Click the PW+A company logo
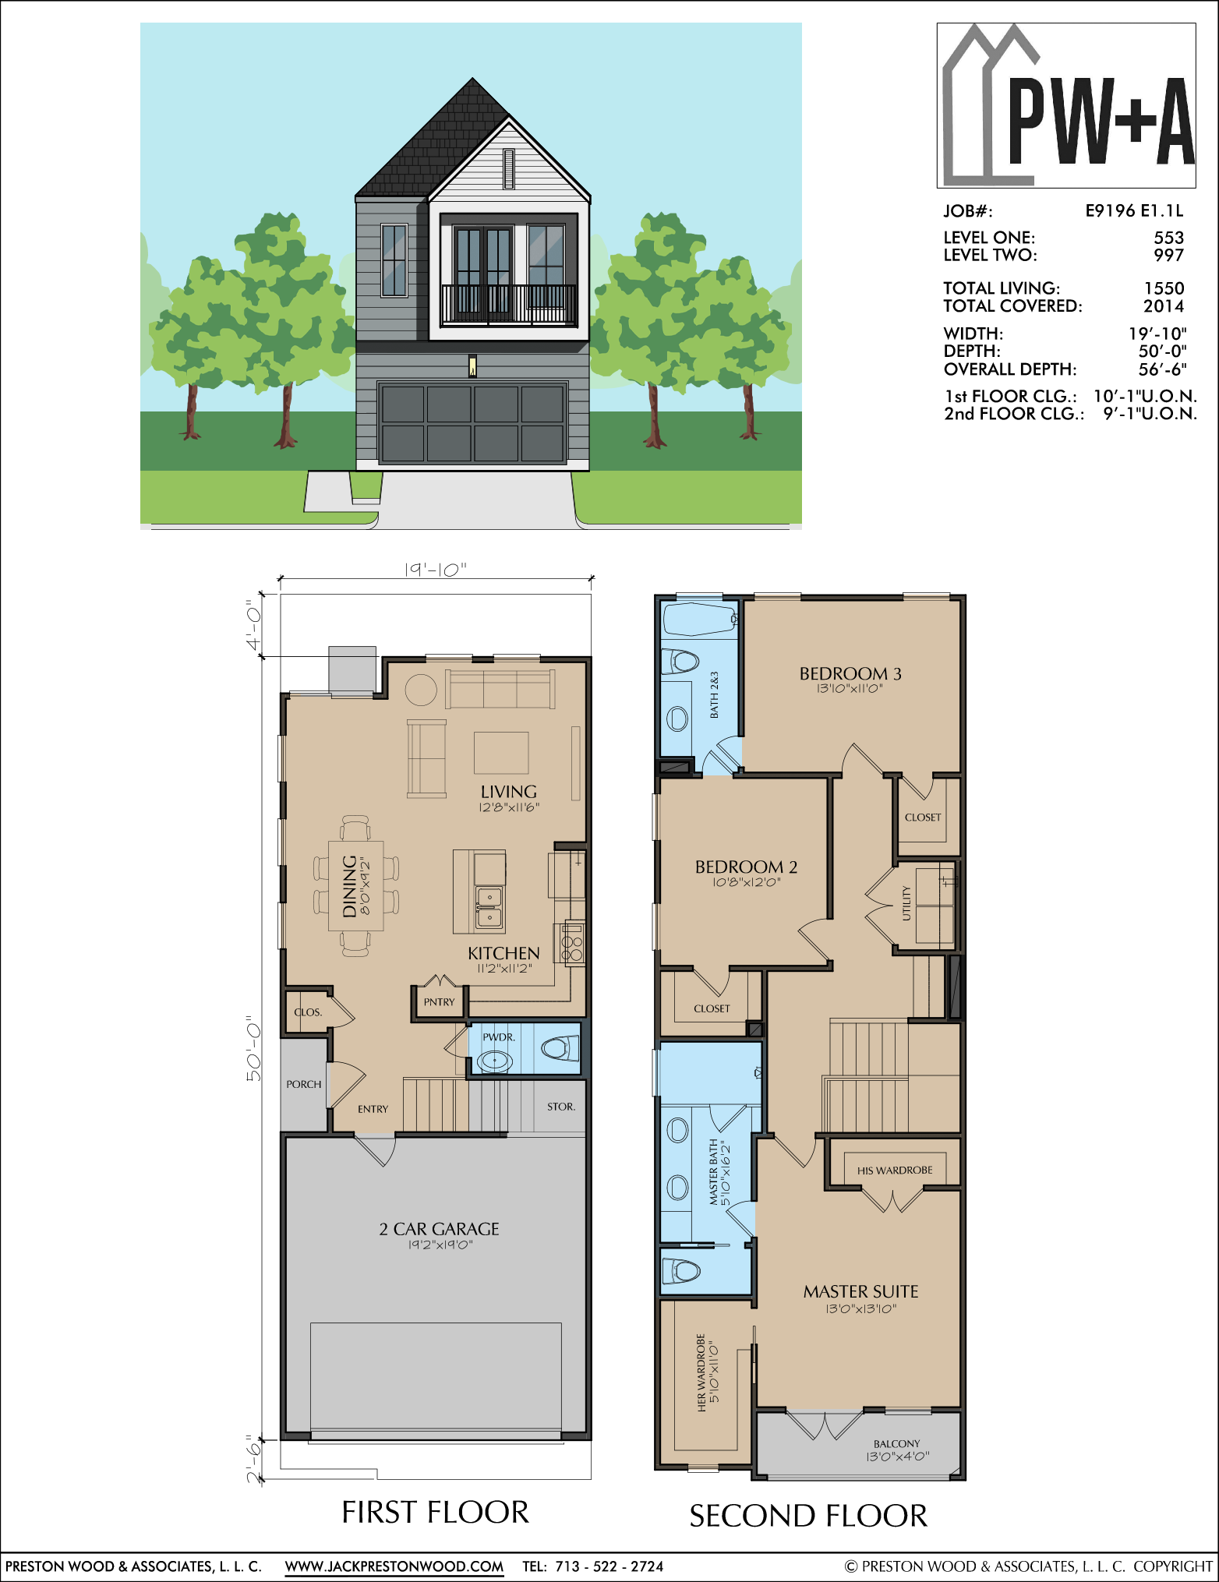point(1066,105)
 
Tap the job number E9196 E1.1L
point(1134,210)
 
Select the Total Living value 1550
point(1164,288)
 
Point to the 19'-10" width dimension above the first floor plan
point(435,570)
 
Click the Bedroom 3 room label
point(850,673)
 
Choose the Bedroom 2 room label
point(746,867)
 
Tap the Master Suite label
point(860,1291)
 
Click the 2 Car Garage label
point(439,1229)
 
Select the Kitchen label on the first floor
point(503,953)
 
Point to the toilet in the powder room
point(560,1048)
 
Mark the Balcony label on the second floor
point(896,1443)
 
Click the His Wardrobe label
point(895,1170)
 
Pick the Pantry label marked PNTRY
point(439,1002)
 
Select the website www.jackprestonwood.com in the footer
point(394,1566)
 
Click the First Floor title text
point(435,1512)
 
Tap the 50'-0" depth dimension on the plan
point(254,1048)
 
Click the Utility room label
point(906,903)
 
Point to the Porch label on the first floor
point(303,1084)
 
